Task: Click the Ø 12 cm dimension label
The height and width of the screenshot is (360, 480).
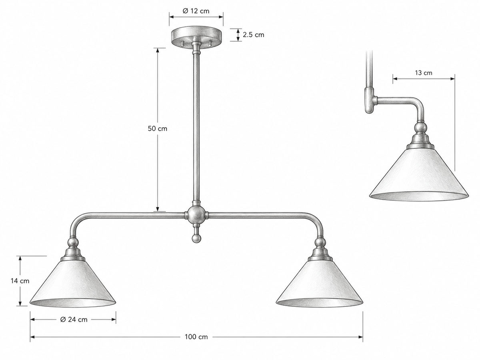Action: (x=196, y=11)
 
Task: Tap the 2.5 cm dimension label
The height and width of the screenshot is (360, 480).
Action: (x=254, y=35)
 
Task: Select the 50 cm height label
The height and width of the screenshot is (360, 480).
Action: (x=158, y=128)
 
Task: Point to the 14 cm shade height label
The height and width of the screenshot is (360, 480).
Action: (x=20, y=281)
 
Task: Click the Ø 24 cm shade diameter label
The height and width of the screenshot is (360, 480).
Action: (x=74, y=320)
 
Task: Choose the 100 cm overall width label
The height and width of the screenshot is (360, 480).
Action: (x=196, y=337)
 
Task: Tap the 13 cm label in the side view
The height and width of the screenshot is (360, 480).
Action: (x=424, y=73)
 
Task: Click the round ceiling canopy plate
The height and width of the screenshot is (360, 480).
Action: (x=196, y=36)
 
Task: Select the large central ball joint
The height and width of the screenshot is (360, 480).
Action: (x=196, y=215)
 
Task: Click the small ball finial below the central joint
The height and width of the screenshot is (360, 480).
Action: (x=196, y=238)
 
